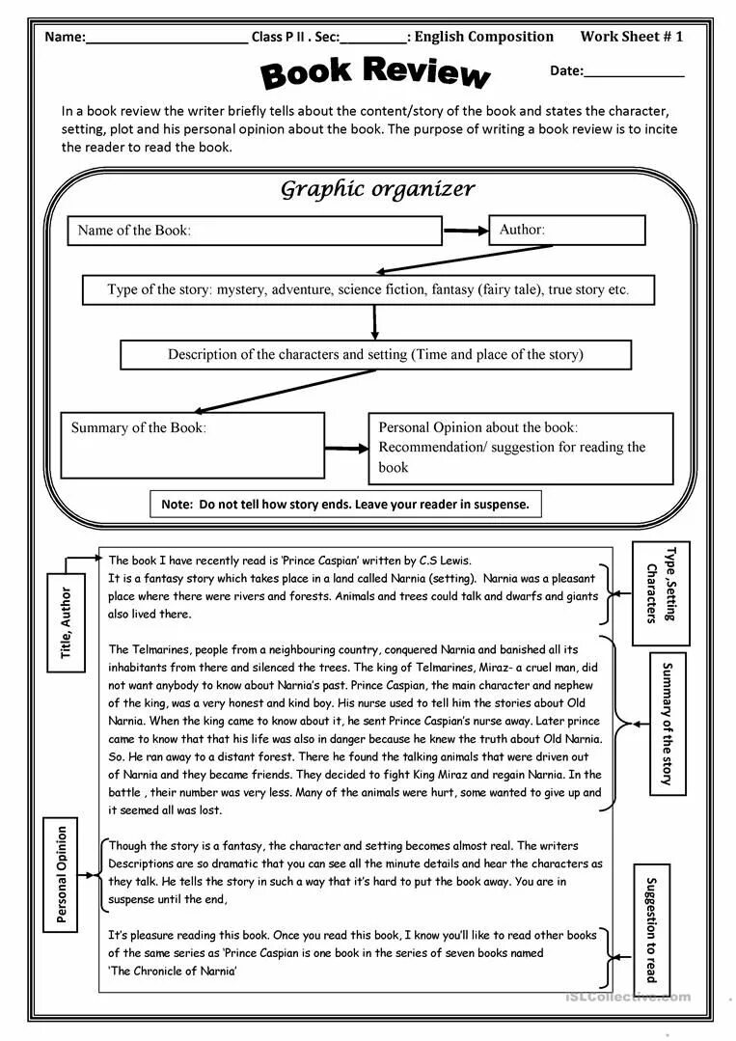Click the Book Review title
(375, 72)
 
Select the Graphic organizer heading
(377, 189)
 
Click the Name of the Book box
(255, 231)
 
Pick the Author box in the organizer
(566, 230)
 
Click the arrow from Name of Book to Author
(465, 231)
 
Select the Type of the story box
(368, 289)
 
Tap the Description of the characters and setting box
(375, 354)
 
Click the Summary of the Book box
(193, 445)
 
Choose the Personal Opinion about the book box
(520, 448)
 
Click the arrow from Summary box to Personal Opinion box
(346, 448)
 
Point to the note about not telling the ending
(345, 504)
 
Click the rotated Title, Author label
(66, 622)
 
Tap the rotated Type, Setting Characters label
(661, 592)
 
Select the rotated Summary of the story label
(666, 724)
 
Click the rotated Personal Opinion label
(62, 874)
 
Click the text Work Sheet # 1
(631, 37)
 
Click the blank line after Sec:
(373, 41)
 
